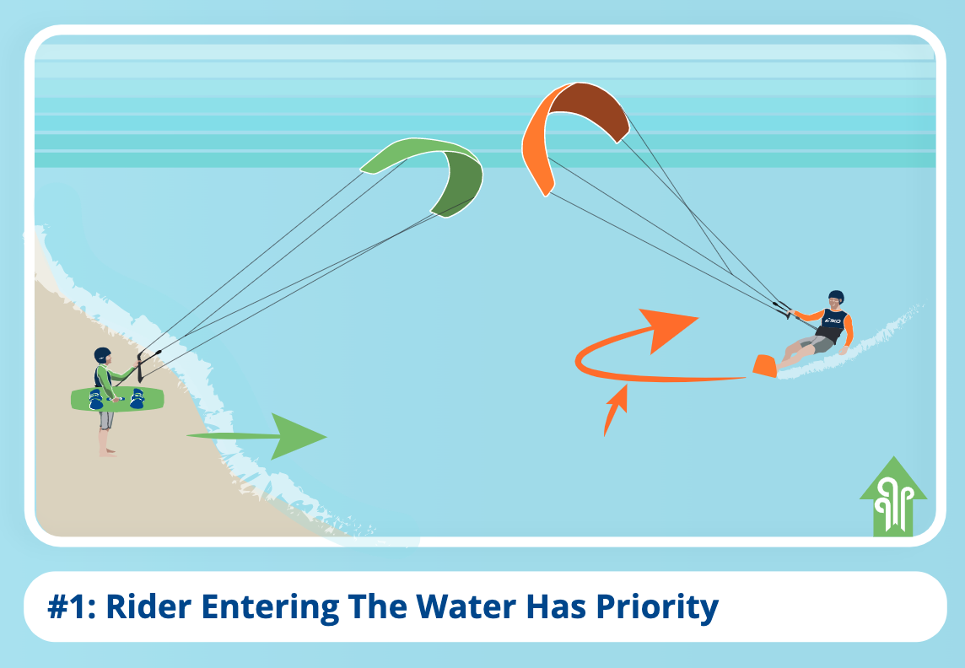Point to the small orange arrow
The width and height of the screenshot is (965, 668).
[616, 410]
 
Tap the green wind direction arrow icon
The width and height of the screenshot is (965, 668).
[893, 497]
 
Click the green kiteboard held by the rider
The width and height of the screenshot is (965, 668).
[117, 399]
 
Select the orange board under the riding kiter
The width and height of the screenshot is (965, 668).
[765, 366]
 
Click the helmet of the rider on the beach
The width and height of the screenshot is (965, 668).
[102, 355]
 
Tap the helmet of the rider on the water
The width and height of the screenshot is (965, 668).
[836, 297]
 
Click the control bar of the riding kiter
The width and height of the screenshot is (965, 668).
[783, 309]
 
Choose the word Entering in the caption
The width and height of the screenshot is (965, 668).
[270, 608]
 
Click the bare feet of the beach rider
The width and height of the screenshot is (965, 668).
[108, 452]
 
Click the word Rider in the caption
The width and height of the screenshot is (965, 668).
[148, 606]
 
